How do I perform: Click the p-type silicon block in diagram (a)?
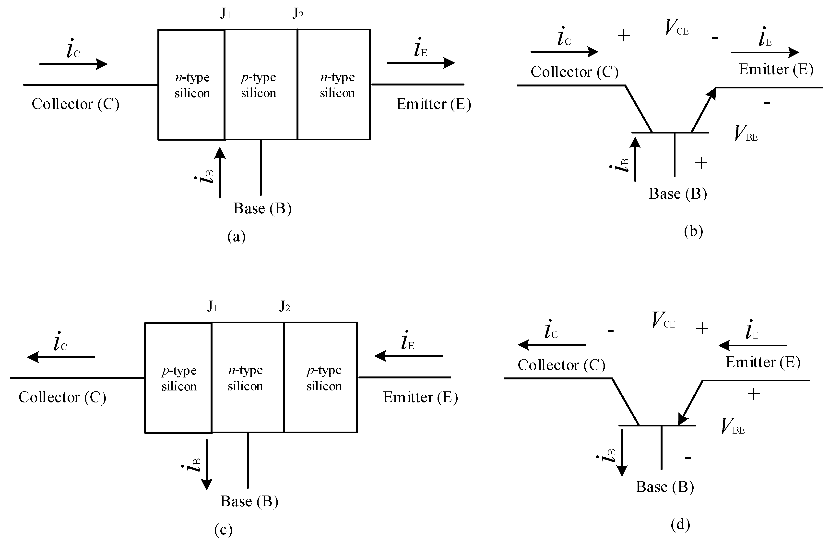(261, 85)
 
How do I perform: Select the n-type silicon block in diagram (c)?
(248, 377)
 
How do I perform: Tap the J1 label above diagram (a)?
(225, 14)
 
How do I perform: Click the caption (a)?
(237, 237)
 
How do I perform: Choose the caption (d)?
(680, 525)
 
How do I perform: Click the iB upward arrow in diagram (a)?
(220, 173)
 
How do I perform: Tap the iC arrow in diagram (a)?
(73, 64)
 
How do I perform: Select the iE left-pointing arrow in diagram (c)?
(408, 356)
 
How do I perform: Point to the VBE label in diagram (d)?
(732, 426)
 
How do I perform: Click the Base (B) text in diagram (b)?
(678, 194)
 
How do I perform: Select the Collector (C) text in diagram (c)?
(62, 397)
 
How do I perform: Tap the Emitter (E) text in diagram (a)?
(433, 104)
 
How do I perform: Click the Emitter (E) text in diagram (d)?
(763, 362)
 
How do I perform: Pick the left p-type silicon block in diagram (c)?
(178, 377)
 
